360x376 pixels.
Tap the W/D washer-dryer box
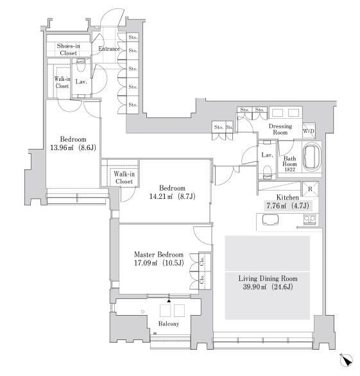(309, 131)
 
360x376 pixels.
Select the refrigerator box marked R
(310, 189)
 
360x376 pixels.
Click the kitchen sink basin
(270, 219)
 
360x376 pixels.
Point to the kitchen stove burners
(310, 219)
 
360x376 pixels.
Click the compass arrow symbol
(346, 360)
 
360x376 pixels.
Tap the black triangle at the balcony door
(169, 300)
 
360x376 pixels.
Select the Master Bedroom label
(159, 255)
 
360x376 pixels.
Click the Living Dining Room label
(268, 278)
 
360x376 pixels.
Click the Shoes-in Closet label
(69, 49)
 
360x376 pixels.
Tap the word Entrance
(109, 49)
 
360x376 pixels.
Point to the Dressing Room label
(280, 129)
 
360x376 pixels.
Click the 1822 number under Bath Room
(289, 169)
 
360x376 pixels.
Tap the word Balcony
(169, 324)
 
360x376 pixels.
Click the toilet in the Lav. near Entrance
(81, 65)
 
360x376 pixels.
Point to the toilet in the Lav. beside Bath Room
(268, 172)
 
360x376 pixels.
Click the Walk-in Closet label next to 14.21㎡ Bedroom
(124, 178)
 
